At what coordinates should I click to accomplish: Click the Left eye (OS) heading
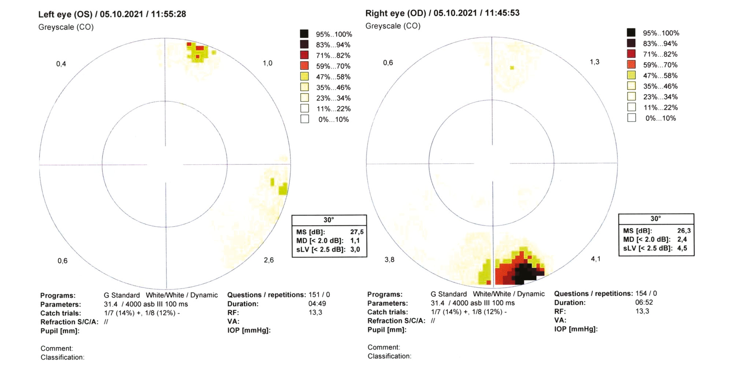click(x=112, y=14)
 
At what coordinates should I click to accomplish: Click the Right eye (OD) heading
click(x=442, y=13)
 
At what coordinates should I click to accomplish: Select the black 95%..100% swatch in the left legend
click(x=304, y=34)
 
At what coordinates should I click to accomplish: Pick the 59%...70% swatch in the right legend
click(x=631, y=65)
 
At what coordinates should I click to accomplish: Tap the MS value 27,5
click(x=357, y=232)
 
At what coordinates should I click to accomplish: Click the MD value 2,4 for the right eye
click(x=682, y=239)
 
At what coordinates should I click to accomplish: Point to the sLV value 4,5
click(x=682, y=248)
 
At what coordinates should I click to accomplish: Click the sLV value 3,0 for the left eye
click(x=355, y=250)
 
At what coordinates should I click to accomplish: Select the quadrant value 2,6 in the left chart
click(x=269, y=260)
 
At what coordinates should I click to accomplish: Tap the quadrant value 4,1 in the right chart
click(x=596, y=259)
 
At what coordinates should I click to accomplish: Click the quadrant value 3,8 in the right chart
click(x=389, y=260)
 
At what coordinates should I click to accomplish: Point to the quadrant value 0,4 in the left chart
click(x=61, y=64)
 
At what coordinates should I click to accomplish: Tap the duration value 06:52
click(x=644, y=303)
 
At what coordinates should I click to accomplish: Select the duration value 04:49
click(x=317, y=304)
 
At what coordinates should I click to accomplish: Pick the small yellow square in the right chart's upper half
click(x=512, y=68)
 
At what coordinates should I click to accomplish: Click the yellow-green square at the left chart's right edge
click(x=283, y=190)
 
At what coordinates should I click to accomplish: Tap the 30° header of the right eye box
click(x=656, y=219)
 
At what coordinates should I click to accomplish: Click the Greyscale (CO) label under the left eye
click(x=66, y=27)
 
